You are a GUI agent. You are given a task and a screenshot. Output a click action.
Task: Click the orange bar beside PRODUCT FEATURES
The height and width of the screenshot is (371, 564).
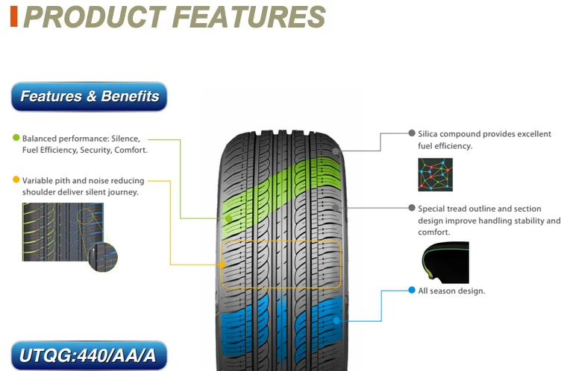point(14,16)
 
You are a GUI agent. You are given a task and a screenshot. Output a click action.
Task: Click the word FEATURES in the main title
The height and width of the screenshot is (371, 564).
point(249,17)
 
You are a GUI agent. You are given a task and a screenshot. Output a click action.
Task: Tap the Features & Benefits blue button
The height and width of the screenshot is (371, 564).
point(90,96)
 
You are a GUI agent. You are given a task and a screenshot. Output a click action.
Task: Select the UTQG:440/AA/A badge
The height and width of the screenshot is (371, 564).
point(90,355)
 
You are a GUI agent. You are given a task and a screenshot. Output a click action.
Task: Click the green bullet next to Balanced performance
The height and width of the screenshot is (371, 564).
point(16,138)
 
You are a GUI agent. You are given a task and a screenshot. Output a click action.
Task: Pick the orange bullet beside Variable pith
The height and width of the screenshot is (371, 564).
point(16,180)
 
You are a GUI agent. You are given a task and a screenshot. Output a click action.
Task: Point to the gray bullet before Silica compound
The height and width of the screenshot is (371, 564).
point(412,133)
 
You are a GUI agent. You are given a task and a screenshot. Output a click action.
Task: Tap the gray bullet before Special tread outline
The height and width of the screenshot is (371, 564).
point(412,208)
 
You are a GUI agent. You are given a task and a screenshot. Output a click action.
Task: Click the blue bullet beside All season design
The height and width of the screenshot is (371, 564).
point(412,291)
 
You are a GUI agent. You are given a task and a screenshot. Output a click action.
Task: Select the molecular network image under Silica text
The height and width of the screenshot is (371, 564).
point(435,174)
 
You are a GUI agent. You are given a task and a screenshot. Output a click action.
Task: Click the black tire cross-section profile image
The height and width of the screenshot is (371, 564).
point(445,262)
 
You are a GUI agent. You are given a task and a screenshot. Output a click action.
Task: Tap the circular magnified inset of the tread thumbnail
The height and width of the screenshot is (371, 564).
point(103,257)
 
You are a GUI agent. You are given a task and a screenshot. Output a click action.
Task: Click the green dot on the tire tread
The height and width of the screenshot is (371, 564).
point(229,218)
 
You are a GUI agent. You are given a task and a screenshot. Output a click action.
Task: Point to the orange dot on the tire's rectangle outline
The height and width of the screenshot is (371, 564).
point(222,264)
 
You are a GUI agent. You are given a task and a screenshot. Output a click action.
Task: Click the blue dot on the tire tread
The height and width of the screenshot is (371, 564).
point(336,320)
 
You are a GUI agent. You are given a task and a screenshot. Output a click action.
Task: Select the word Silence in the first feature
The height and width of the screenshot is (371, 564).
point(125,139)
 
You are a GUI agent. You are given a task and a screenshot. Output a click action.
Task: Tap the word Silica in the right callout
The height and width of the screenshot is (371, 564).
point(427,134)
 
